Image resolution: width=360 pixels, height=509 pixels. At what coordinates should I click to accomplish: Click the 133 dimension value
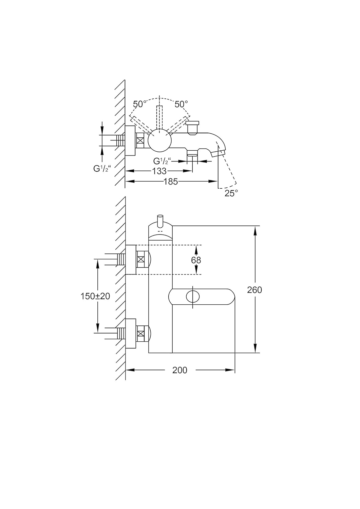point(159,171)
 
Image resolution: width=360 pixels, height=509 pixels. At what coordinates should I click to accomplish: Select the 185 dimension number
point(171,182)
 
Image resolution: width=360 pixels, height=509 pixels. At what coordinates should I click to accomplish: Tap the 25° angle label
point(231,193)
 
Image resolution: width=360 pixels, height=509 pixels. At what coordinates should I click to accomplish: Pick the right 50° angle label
point(181,104)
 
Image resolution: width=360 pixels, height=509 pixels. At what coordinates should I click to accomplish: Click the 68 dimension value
point(196,260)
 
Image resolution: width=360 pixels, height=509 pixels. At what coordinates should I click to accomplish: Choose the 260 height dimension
point(254,289)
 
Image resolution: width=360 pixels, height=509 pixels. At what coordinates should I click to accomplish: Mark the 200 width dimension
point(179,370)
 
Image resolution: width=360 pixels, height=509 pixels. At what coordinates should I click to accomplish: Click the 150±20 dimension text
point(95,296)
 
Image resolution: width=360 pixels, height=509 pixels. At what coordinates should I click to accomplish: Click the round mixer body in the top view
point(159,140)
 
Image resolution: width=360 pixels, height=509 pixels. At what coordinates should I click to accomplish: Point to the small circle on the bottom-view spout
point(193,297)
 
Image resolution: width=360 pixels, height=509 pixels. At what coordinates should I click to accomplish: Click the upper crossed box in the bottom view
point(142,260)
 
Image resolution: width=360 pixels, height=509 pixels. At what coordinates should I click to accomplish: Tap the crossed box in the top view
point(141,140)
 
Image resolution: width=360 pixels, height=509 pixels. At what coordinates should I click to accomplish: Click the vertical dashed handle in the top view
point(159,117)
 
